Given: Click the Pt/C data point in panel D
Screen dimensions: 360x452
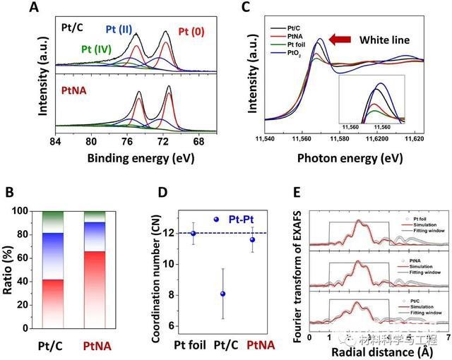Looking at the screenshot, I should point(223,294).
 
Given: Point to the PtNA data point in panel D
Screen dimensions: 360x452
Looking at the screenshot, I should point(252,239).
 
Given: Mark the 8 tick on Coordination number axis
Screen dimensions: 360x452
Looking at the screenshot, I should point(166,293).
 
